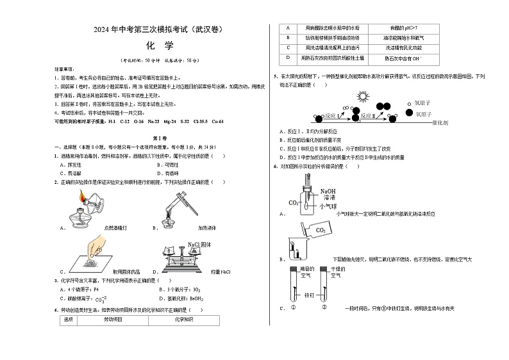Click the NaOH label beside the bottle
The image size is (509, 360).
(x=328, y=191)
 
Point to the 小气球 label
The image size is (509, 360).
(x=328, y=206)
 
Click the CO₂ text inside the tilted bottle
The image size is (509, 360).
(x=320, y=230)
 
